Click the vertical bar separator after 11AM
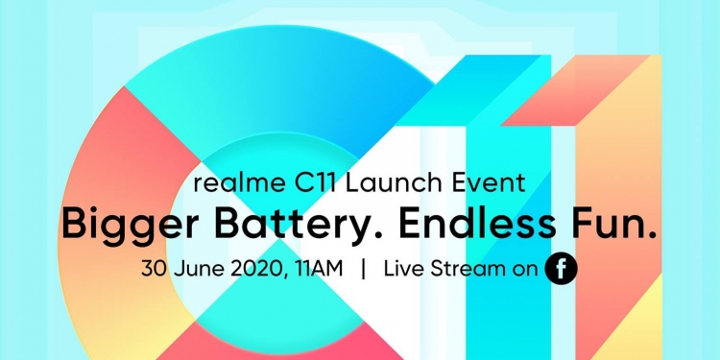click(363, 270)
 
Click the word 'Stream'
click(468, 270)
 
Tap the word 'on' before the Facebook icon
click(524, 270)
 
